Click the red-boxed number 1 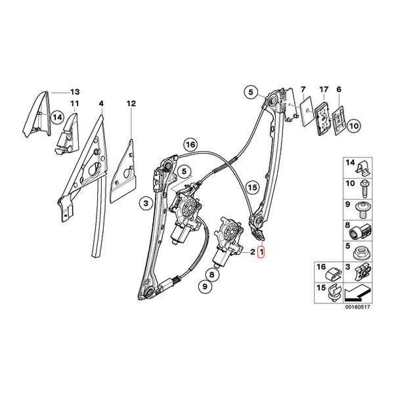pos(261,252)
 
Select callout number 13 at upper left pos(75,92)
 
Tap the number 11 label pos(75,104)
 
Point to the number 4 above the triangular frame pos(101,104)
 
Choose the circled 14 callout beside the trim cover pos(57,118)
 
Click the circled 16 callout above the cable pos(190,144)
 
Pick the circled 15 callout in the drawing pos(252,187)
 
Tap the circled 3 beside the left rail pos(146,203)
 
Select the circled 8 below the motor pos(212,274)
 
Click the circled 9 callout pos(206,286)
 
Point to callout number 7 pos(303,89)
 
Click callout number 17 pos(324,89)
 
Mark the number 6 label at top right pos(339,89)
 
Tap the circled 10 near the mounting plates pos(353,125)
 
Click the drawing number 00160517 pos(358,307)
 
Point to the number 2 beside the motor pos(253,252)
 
